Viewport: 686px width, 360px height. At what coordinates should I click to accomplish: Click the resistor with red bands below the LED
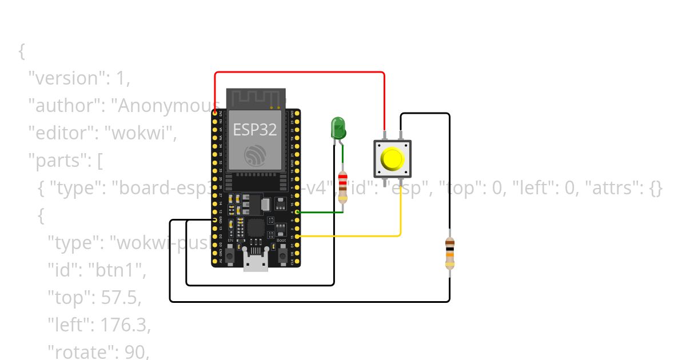pyautogui.click(x=342, y=187)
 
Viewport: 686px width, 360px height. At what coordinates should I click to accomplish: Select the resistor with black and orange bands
pyautogui.click(x=450, y=253)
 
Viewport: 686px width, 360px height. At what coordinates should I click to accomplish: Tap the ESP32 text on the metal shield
pyautogui.click(x=255, y=129)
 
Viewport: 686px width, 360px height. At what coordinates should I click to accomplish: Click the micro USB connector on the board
pyautogui.click(x=255, y=260)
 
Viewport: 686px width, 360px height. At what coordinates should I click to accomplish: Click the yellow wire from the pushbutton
pyautogui.click(x=354, y=235)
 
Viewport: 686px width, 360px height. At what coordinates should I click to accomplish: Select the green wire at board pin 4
pyautogui.click(x=320, y=212)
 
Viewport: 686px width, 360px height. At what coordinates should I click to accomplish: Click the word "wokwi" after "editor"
pyautogui.click(x=145, y=133)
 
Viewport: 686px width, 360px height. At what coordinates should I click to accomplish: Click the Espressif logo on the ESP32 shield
pyautogui.click(x=255, y=155)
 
